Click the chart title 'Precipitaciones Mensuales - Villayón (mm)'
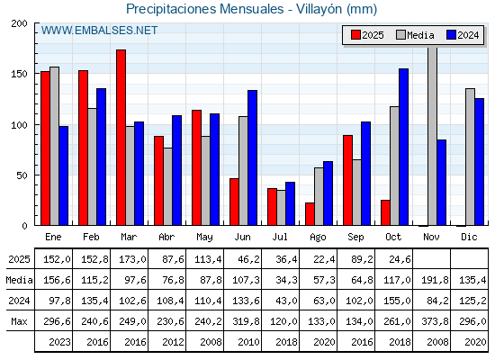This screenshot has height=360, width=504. click(x=252, y=10)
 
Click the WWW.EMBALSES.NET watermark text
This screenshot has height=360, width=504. click(x=99, y=31)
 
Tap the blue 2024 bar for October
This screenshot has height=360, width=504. click(x=404, y=147)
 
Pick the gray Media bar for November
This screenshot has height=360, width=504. click(x=432, y=135)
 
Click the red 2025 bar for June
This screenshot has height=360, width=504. click(x=234, y=202)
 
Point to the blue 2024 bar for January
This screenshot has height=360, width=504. click(x=64, y=175)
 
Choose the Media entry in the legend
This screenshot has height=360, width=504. click(x=414, y=35)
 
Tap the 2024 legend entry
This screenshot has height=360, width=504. click(x=460, y=35)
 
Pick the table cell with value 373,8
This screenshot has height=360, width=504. click(x=431, y=322)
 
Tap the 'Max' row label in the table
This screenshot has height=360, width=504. click(x=18, y=322)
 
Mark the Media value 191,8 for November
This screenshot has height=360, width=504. click(x=431, y=280)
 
